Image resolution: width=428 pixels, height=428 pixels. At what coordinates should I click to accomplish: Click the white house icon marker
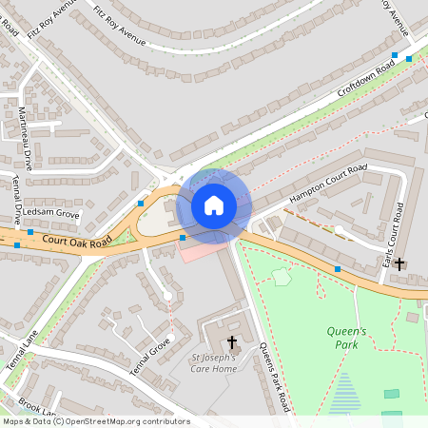tap(214, 205)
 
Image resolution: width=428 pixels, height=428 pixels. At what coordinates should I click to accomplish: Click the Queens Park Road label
tap(274, 376)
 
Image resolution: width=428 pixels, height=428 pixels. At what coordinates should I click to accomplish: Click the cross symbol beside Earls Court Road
tap(400, 263)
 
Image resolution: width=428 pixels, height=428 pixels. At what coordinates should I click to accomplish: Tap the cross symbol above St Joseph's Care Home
tap(231, 341)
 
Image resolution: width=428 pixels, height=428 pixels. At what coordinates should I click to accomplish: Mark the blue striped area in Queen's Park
tap(345, 392)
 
